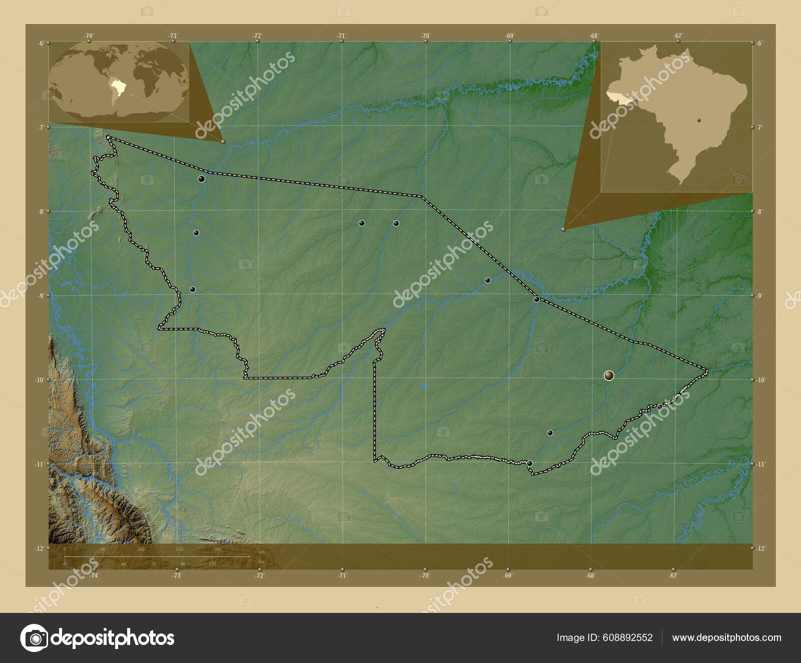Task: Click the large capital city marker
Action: coord(609,375)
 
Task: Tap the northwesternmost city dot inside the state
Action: coord(201,179)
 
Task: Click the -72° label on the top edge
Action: coord(257,36)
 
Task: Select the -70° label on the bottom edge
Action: coord(425,576)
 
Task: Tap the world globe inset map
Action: coord(119,82)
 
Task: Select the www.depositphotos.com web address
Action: coord(726,637)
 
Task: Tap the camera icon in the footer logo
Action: coord(34,638)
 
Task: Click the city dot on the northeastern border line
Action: coord(536,299)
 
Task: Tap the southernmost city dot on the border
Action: coord(529,463)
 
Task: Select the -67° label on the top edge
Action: coord(678,36)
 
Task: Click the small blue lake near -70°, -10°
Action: coord(424,387)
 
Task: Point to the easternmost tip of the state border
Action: coord(708,371)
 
